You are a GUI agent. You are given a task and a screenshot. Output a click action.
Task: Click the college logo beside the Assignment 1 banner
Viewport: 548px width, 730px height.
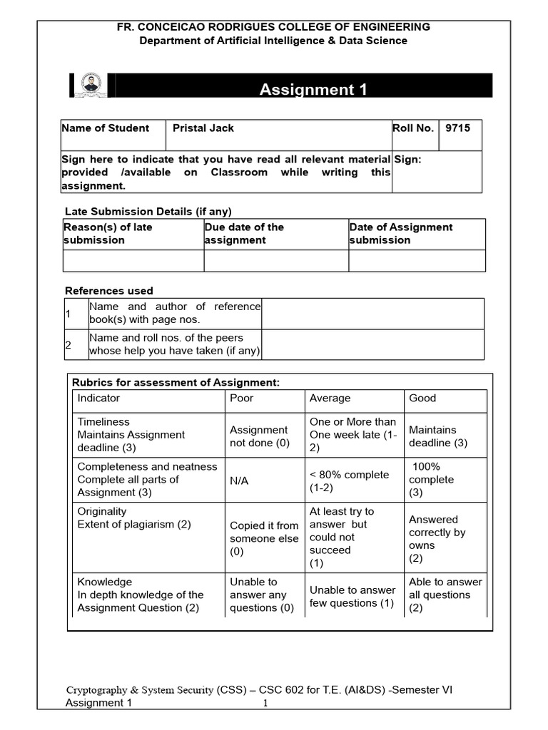91,85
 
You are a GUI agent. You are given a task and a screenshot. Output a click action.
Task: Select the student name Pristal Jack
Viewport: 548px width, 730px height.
203,128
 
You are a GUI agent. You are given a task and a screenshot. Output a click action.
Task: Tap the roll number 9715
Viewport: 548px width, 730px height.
457,128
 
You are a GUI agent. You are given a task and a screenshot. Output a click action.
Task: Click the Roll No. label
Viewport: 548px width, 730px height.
413,128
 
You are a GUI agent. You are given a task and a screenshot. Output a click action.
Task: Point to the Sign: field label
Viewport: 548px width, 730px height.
407,160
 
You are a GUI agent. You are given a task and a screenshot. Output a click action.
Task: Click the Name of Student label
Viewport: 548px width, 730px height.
106,128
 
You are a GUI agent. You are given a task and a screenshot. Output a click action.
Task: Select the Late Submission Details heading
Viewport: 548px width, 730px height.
148,212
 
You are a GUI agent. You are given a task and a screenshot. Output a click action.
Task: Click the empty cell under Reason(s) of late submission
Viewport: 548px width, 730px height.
133,261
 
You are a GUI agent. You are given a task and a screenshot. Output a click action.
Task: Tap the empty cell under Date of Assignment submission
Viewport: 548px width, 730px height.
417,261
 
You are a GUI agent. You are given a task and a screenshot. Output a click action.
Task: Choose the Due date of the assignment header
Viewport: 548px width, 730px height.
244,233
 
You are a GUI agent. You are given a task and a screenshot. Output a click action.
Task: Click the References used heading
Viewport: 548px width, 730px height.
109,291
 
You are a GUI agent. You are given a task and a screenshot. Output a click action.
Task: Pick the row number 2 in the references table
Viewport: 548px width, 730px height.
68,345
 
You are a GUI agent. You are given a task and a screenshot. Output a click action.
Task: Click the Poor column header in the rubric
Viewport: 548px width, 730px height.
241,398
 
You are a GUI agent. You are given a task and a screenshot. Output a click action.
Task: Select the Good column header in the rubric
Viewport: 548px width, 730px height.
422,398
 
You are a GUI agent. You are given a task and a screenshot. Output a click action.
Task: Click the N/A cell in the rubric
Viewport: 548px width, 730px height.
239,480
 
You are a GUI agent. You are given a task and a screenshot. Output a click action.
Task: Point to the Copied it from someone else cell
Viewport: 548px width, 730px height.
264,538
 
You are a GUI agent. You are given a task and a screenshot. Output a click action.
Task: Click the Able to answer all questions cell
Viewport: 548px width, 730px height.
445,595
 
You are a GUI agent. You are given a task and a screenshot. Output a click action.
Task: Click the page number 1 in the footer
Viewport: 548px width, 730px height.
265,704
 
